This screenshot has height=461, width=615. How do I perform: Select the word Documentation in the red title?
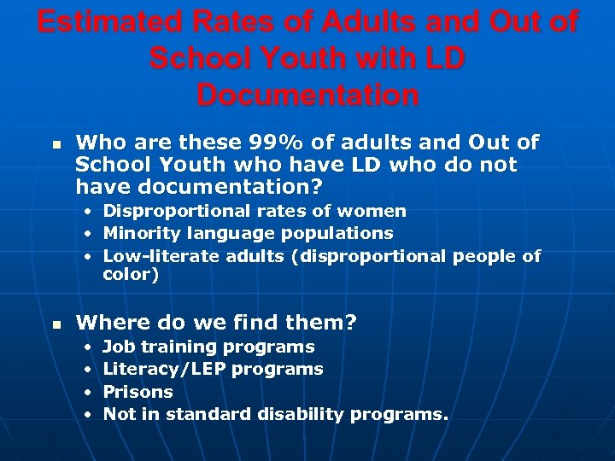pos(307,95)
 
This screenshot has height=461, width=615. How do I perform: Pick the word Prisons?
pos(138,392)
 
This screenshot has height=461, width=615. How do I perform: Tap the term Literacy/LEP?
pos(162,370)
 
